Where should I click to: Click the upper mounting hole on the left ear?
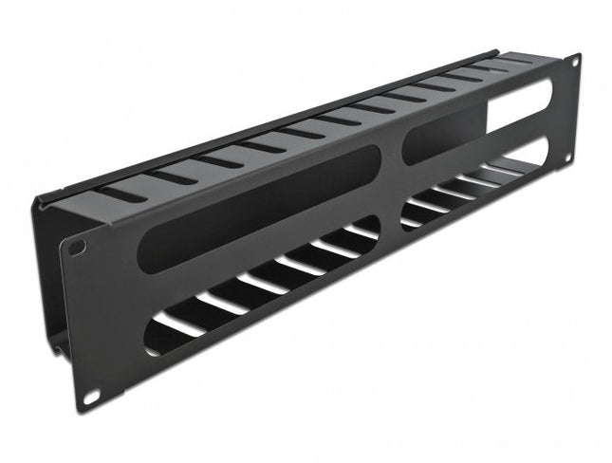pyautogui.click(x=78, y=248)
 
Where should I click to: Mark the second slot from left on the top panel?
pyautogui.click(x=171, y=176)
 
